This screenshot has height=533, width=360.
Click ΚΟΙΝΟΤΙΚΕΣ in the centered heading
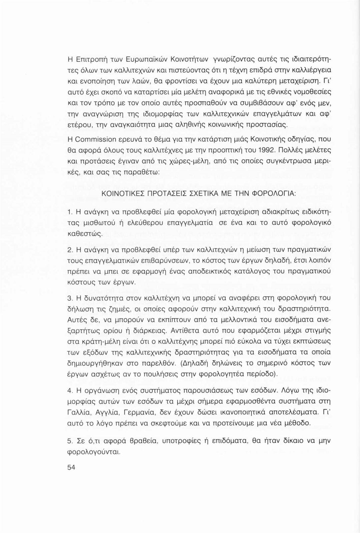pyautogui.click(x=123, y=194)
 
